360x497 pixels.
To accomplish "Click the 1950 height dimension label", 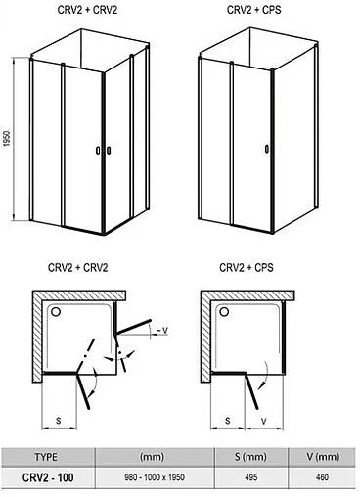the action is click(7, 138).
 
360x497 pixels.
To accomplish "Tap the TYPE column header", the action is click(46, 457).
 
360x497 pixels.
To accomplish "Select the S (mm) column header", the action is click(250, 457).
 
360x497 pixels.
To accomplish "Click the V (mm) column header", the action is click(323, 457).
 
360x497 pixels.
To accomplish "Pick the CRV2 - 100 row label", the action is click(48, 477).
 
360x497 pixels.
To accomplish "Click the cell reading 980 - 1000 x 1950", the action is click(155, 477).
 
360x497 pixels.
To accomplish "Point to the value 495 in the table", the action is click(250, 477).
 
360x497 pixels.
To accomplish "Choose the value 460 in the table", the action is click(322, 477).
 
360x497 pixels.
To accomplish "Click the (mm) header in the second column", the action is click(152, 457).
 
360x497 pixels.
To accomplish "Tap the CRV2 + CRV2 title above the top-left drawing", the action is click(87, 10).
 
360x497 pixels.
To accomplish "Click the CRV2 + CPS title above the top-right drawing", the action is click(253, 10).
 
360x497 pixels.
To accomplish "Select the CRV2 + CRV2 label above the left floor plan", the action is click(77, 268).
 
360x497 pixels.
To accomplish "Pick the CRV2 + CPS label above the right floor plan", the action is click(247, 268).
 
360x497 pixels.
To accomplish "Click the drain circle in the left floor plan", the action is click(56, 312).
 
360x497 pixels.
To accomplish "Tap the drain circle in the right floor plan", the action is click(224, 312).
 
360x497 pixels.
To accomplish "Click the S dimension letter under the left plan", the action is click(59, 421).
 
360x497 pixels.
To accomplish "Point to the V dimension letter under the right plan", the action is click(264, 421).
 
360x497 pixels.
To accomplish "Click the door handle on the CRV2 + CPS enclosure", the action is click(267, 149).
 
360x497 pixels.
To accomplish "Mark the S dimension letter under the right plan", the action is click(228, 421).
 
